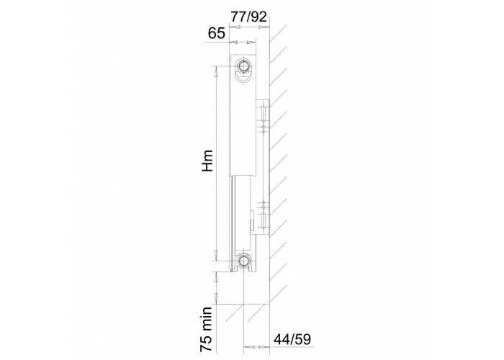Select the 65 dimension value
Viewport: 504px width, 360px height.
[216, 33]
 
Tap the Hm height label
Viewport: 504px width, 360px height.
[207, 161]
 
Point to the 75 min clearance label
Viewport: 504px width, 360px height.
[206, 329]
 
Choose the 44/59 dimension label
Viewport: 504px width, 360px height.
[292, 339]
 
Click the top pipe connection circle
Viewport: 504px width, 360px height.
[245, 66]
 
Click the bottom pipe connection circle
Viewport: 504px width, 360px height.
[244, 261]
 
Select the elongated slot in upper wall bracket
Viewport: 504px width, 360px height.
[264, 113]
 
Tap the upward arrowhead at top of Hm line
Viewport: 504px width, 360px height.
[216, 71]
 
